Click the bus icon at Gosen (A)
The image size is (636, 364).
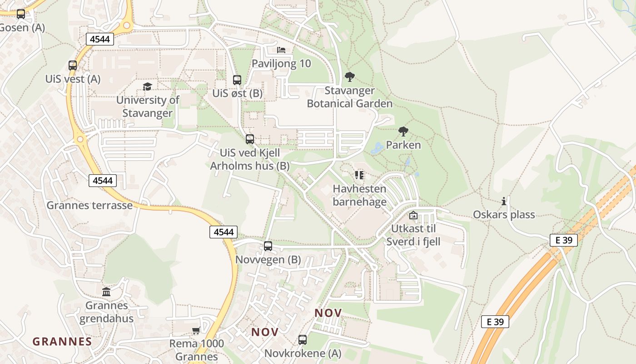21,14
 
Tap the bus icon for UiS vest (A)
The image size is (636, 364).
73,65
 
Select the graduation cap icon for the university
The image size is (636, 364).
147,86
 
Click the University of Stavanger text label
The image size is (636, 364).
148,106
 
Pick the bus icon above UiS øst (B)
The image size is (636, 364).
237,80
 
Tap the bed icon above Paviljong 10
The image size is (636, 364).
281,50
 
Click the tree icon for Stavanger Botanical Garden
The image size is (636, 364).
349,76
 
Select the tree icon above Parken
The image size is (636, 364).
403,131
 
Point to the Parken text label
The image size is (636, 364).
403,145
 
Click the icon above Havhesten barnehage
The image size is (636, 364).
359,175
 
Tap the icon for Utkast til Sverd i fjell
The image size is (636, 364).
413,215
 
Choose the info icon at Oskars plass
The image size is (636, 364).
503,201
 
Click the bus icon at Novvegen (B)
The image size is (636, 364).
268,246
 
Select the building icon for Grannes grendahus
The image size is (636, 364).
106,292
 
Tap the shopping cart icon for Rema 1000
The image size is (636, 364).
196,330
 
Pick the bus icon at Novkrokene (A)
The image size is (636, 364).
303,339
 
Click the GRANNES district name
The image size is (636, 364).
62,341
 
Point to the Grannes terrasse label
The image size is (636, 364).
89,205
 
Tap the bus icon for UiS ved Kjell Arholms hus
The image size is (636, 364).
250,139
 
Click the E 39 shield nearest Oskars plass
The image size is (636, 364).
563,240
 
